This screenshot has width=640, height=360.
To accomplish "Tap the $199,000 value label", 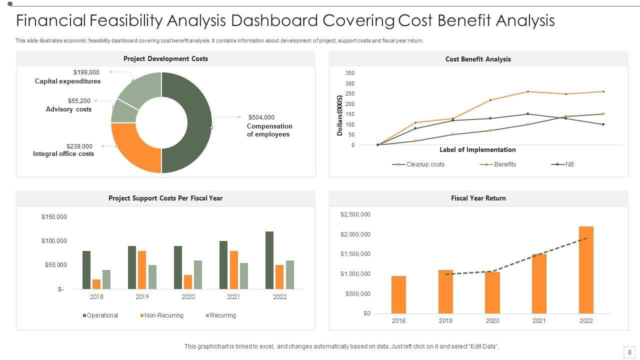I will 86,72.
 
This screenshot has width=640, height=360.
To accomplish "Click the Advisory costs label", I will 68,109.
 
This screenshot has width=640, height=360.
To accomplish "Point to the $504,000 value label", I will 261,117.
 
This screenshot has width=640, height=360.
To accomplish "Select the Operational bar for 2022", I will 269,260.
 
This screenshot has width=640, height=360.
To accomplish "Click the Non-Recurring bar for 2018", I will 96,284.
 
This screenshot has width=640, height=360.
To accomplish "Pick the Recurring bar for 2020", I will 198,274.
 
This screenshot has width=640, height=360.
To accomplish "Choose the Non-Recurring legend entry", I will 163,315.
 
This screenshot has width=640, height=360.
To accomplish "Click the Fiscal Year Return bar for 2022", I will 586,270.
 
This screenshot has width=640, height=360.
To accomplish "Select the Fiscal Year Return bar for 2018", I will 398,294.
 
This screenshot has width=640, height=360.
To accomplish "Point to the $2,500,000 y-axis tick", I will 355,214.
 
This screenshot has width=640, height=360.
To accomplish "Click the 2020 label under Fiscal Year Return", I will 492,321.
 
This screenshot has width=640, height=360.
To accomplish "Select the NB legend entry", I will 569,164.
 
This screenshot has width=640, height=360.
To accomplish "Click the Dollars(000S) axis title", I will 340,115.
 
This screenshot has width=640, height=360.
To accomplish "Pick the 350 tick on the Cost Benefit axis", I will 349,73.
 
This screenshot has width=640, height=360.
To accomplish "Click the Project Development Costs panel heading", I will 165,59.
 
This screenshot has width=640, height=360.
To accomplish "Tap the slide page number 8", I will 628,352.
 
